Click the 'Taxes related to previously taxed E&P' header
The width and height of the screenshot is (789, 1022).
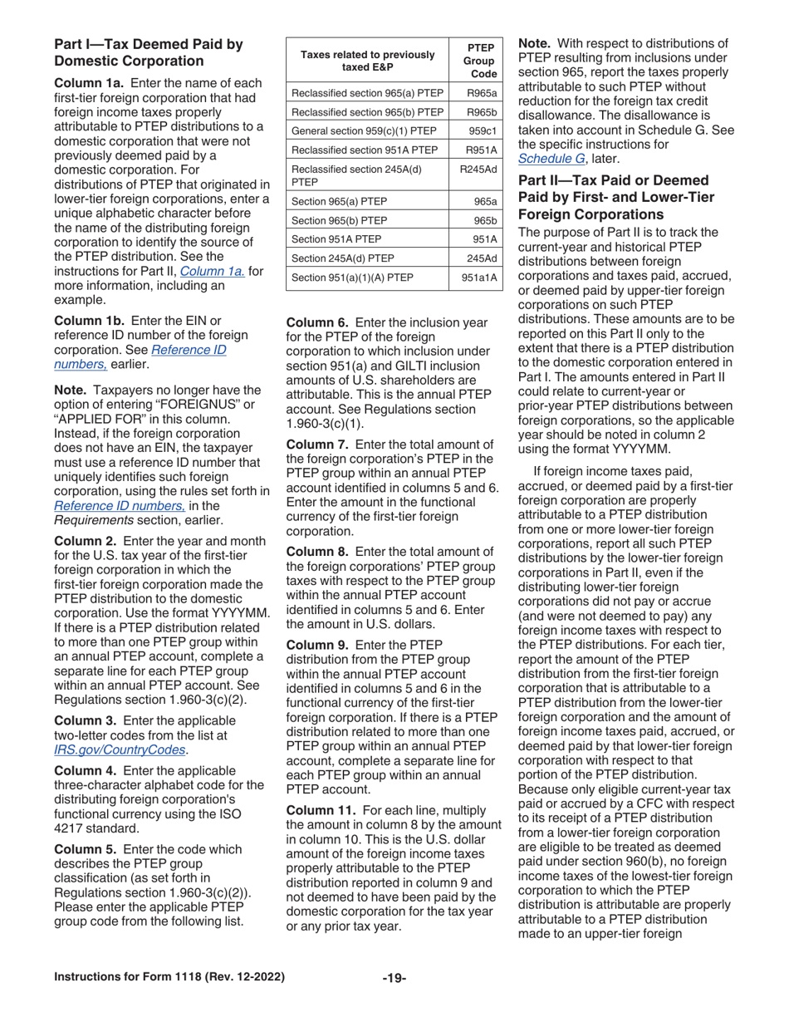(367, 60)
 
